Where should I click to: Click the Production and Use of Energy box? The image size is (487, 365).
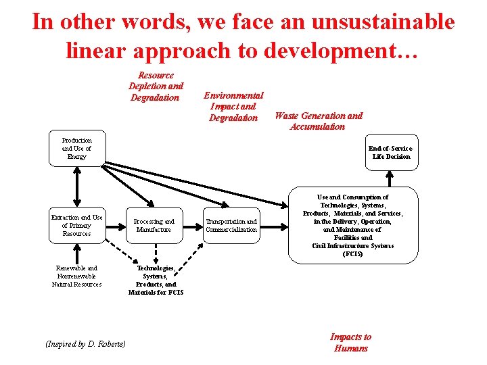(x=77, y=148)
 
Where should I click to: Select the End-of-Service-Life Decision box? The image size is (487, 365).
(x=390, y=152)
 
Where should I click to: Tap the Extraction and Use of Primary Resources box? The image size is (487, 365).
(x=77, y=225)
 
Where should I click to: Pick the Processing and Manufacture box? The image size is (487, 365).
(x=154, y=225)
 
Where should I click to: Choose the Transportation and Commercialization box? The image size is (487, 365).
(x=231, y=225)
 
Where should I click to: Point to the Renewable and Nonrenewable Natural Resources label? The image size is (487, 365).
(x=77, y=276)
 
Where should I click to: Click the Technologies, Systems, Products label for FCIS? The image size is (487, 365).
(x=156, y=280)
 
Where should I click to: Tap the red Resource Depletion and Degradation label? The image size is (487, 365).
(x=156, y=87)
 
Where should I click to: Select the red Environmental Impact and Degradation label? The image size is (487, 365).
(x=233, y=107)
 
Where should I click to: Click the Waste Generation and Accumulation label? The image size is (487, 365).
(x=318, y=121)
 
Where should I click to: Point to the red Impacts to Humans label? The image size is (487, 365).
(x=350, y=342)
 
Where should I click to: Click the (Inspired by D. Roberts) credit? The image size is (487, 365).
(x=85, y=343)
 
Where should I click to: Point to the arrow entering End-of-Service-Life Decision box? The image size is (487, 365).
(x=390, y=177)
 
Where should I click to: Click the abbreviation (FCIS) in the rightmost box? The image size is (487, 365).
(x=352, y=254)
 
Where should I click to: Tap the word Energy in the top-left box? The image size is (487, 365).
(x=77, y=156)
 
